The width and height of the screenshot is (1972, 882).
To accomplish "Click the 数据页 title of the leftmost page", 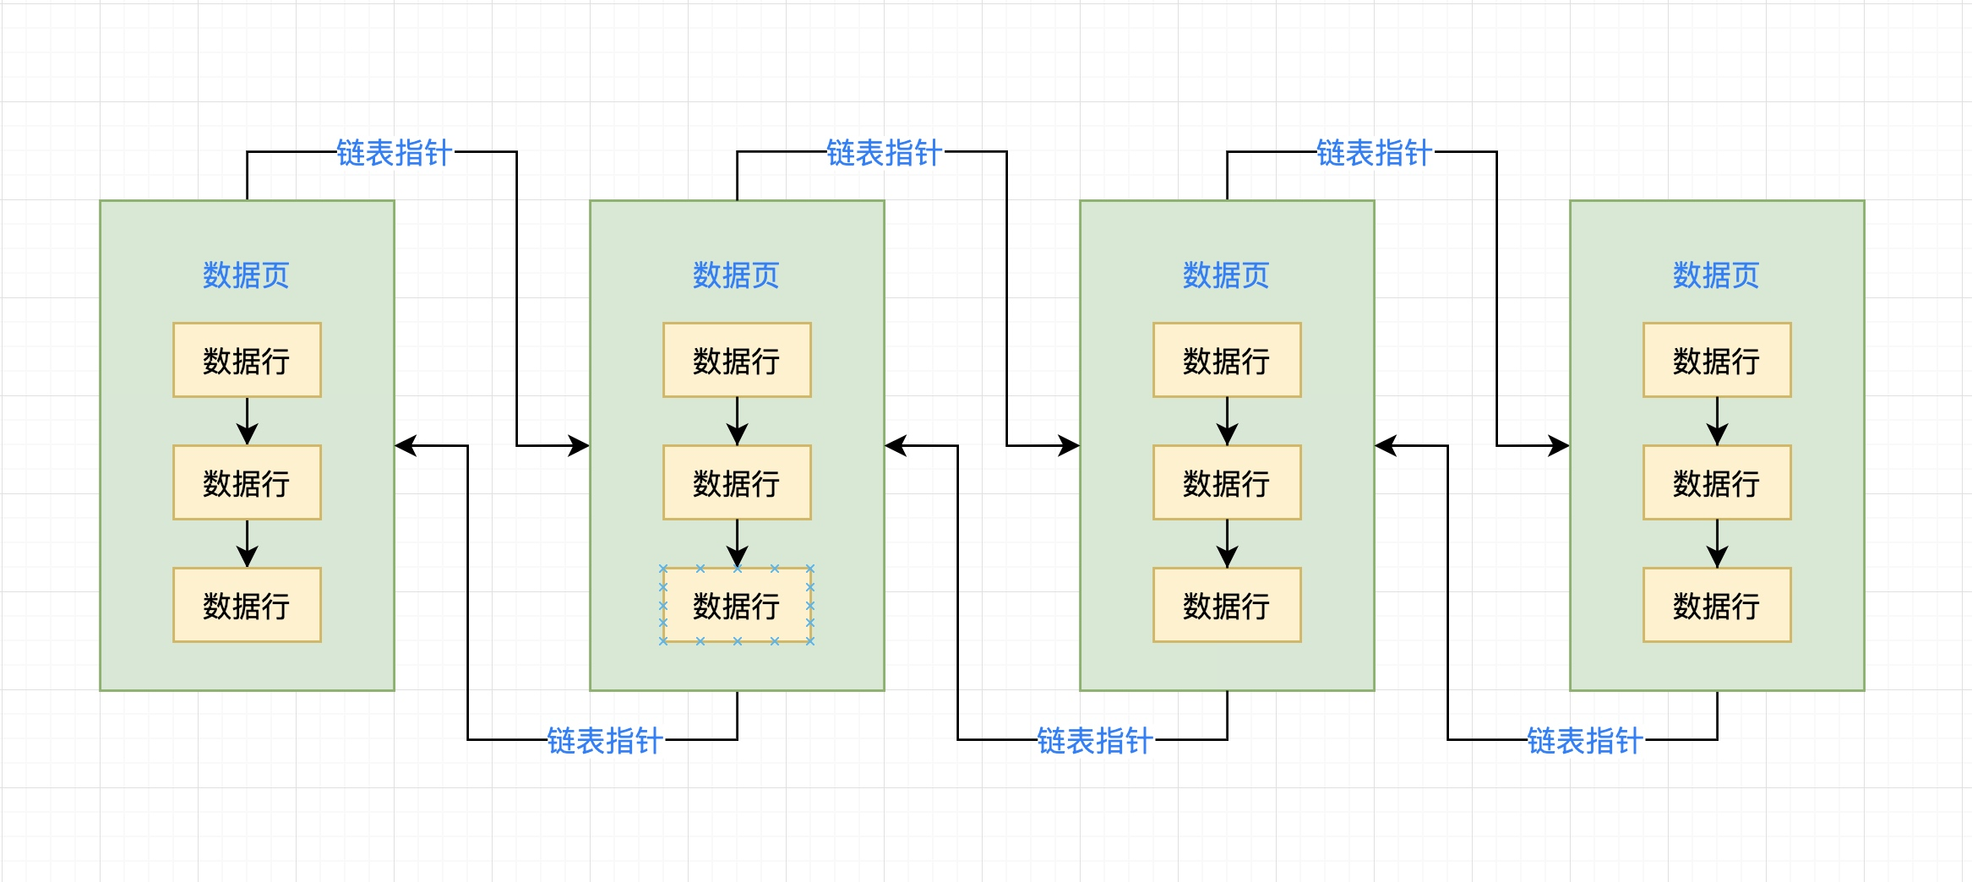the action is pos(246,275).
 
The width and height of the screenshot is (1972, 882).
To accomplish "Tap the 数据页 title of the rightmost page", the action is pos(1716,275).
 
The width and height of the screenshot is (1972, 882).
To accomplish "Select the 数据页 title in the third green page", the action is pos(1226,275).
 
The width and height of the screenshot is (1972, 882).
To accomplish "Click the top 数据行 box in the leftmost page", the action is pos(247,360).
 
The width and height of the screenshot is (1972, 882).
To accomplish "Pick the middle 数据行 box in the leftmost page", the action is pos(247,482).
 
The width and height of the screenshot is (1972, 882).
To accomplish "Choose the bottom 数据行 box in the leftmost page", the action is pos(247,605).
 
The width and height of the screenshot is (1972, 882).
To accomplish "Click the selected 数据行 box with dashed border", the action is pos(737,605).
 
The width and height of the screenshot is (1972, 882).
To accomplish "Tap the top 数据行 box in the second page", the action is pos(737,360).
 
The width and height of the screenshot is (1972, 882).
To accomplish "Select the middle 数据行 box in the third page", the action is pos(1227,482).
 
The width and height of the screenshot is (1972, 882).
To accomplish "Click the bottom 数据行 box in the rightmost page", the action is pos(1717,605).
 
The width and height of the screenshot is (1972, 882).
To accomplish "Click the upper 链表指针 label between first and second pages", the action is pos(394,153).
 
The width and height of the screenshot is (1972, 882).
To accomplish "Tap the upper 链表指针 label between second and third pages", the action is pos(884,153).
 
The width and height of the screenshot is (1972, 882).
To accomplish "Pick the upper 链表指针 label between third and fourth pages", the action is pos(1374,153).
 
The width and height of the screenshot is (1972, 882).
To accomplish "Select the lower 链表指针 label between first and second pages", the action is pos(605,741).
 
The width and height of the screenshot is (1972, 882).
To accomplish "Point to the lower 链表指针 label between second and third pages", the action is pos(1095,741).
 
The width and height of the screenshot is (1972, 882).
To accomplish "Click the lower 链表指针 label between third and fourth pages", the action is pos(1585,741).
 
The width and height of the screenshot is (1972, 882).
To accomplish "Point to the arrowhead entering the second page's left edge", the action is pos(580,445).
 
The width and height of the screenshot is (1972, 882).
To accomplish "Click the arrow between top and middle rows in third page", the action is pos(1227,421).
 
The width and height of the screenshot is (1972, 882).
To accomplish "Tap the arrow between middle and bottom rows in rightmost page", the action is pos(1717,543).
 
